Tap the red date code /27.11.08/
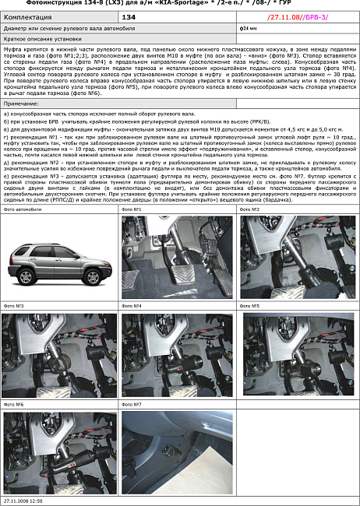click(283, 15)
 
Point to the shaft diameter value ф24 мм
click(248, 28)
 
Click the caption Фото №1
click(132, 209)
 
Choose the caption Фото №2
click(250, 209)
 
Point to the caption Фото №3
click(13, 307)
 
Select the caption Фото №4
click(132, 307)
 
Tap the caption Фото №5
click(250, 307)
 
